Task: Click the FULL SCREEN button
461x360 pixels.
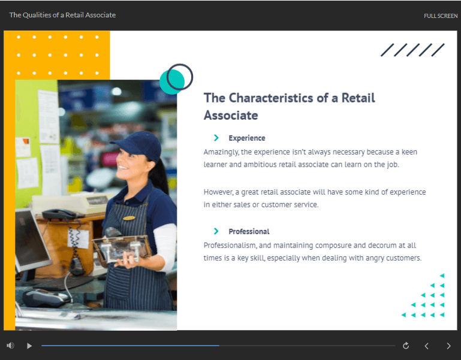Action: [441, 16]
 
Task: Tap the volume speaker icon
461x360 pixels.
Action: [10, 346]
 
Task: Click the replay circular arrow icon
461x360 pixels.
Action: [406, 346]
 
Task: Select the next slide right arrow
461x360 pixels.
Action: [448, 346]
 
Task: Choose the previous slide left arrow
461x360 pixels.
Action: [427, 346]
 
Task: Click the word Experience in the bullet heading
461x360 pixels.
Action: [247, 138]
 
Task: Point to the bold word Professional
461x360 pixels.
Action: [249, 232]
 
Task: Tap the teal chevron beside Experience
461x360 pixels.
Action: [216, 138]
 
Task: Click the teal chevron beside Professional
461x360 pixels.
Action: [216, 231]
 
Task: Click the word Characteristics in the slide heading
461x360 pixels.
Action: [271, 98]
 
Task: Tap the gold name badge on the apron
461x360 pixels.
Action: [129, 218]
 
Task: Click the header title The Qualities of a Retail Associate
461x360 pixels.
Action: [62, 15]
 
